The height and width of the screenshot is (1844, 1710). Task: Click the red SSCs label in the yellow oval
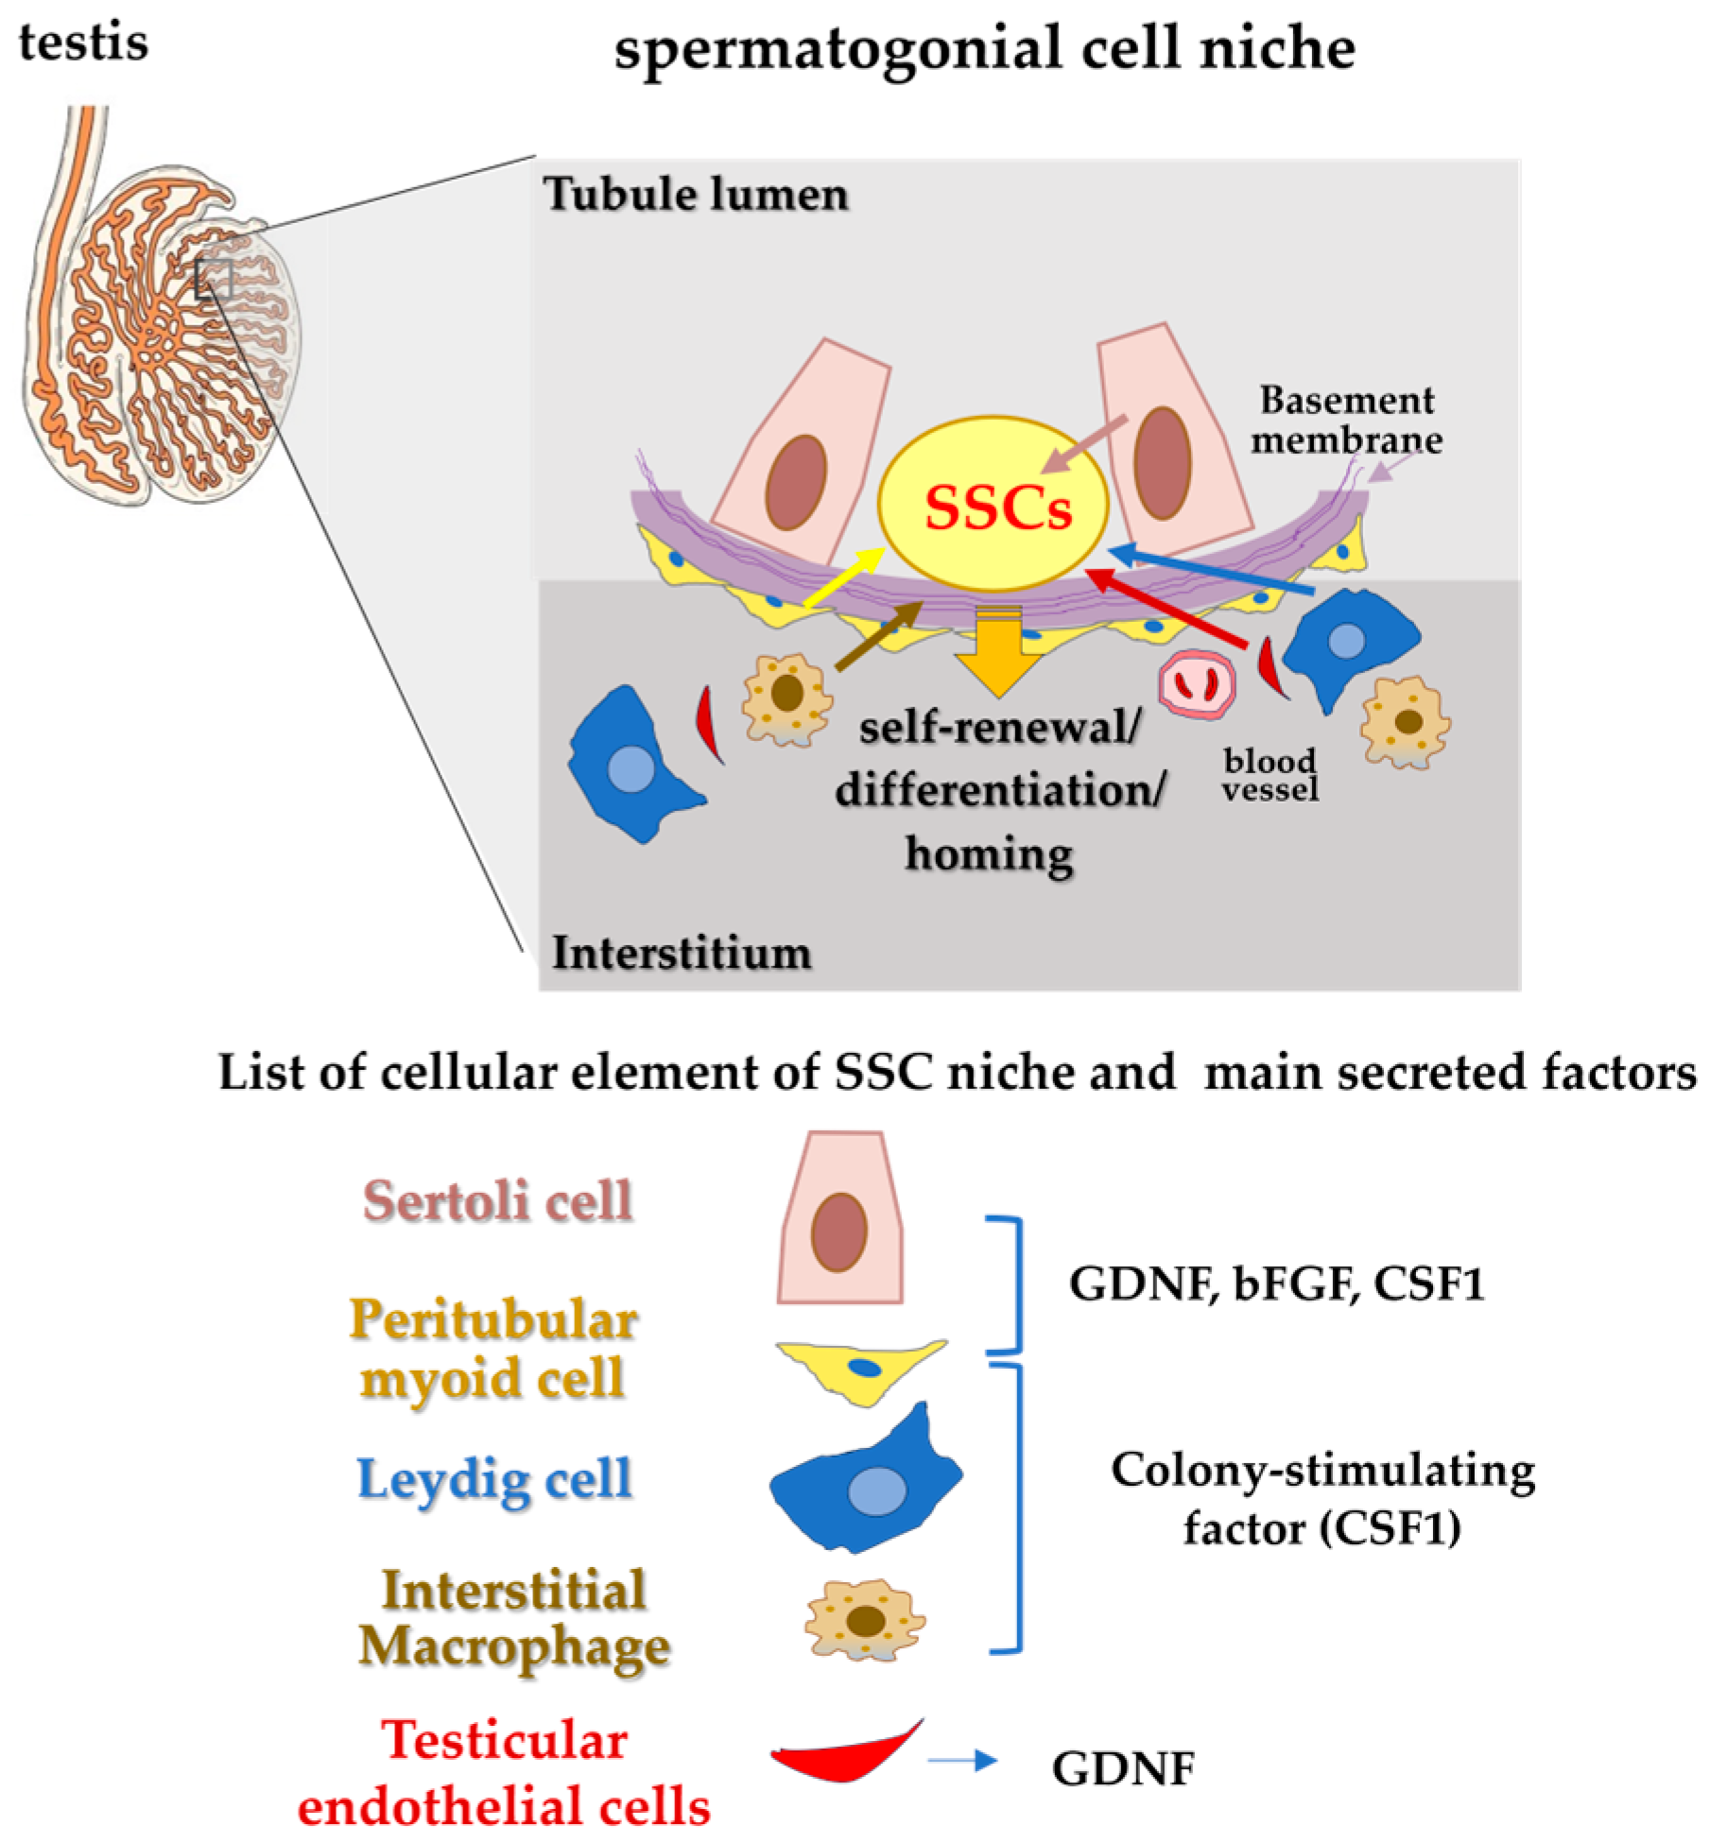[998, 509]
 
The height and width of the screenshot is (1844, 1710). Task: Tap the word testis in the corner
[83, 43]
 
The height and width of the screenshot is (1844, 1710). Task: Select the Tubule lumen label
[697, 195]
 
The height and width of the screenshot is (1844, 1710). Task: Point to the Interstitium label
[682, 952]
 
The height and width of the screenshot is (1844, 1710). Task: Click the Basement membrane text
[1347, 421]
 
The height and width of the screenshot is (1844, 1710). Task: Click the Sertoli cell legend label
[498, 1201]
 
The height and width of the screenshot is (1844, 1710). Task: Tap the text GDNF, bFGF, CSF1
[1276, 1284]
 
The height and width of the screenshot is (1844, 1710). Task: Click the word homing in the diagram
[989, 853]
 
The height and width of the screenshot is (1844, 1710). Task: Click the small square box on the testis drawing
[214, 279]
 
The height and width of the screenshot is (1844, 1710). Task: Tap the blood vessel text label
[1270, 775]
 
